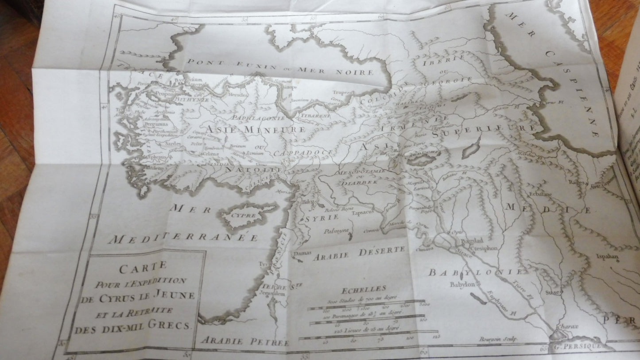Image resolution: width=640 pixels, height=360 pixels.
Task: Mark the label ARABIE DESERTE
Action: (x=359, y=253)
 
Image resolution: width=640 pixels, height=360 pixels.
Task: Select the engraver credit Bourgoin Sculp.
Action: (x=496, y=340)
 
